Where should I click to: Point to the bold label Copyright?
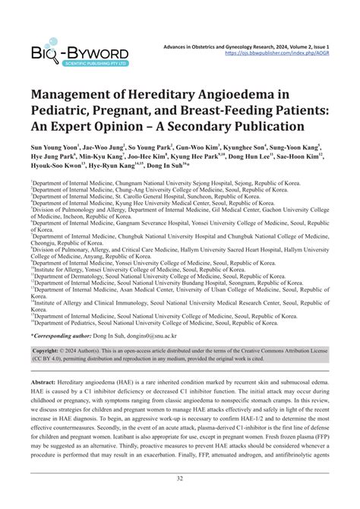pos(52,351)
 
